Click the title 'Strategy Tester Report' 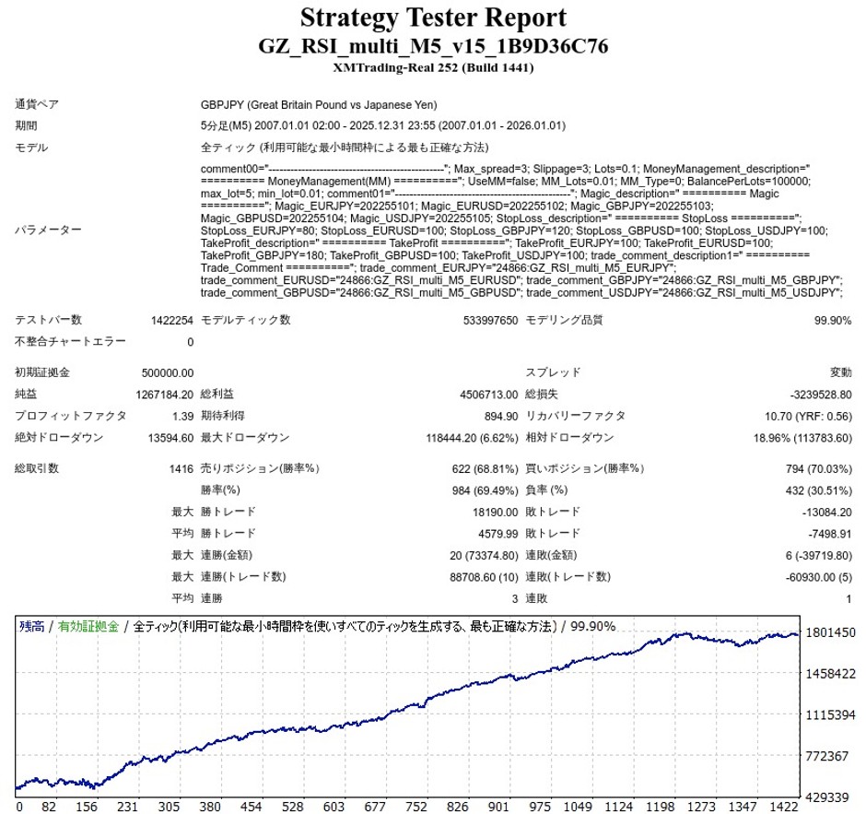point(432,18)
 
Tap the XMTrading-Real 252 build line point(432,67)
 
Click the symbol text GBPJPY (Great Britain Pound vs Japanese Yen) point(319,105)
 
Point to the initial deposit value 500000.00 point(168,373)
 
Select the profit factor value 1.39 point(183,416)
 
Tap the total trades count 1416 point(181,469)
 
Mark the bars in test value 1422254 point(171,321)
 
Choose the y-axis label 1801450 point(831,633)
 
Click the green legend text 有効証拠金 point(88,627)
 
